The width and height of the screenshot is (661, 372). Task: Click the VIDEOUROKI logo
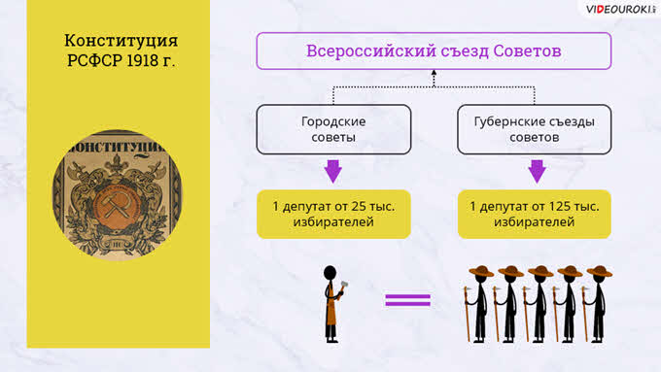(620, 10)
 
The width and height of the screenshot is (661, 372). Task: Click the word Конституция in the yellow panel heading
(121, 41)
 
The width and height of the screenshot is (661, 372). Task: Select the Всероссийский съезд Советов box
(434, 51)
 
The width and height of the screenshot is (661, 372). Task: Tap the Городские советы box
(333, 129)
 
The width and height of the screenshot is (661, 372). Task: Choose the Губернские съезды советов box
(534, 129)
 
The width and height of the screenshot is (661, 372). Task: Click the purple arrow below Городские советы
(333, 171)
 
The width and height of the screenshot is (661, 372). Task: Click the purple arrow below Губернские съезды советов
(537, 171)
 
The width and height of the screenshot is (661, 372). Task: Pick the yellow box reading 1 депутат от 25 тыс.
(333, 214)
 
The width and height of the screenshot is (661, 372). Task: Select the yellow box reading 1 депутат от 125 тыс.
(534, 214)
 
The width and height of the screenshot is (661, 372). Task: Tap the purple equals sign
(407, 300)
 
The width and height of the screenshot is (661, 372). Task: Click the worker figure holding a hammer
(333, 304)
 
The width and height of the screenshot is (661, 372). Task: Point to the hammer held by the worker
(343, 286)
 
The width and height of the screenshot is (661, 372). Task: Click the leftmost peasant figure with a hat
(478, 304)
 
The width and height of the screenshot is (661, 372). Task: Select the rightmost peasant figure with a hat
(597, 304)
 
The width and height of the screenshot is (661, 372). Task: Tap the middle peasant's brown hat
(540, 271)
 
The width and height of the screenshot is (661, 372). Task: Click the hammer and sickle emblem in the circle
(115, 205)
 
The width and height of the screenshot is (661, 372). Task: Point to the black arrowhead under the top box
(434, 73)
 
